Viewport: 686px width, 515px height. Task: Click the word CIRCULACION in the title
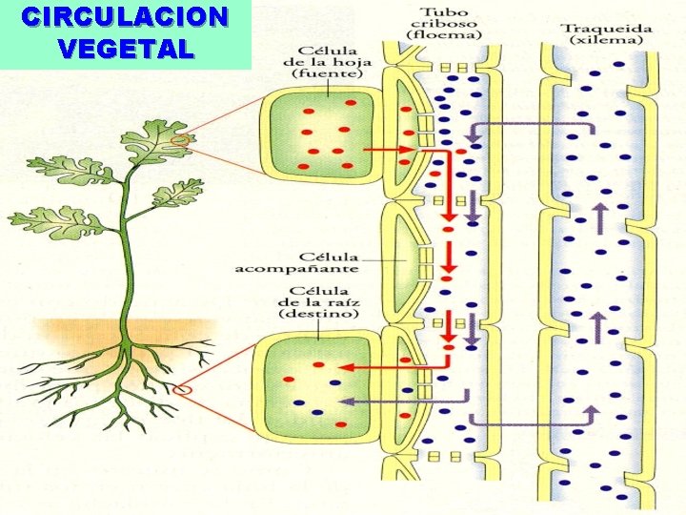pos(126,18)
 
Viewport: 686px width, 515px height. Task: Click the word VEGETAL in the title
pos(126,49)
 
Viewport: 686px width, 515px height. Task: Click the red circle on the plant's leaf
pos(180,142)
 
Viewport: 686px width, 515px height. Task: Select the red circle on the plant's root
pos(184,389)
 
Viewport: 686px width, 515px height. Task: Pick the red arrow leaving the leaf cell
pos(392,150)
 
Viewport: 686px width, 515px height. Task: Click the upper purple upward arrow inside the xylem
pos(600,218)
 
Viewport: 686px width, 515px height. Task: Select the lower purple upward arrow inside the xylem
pos(599,327)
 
